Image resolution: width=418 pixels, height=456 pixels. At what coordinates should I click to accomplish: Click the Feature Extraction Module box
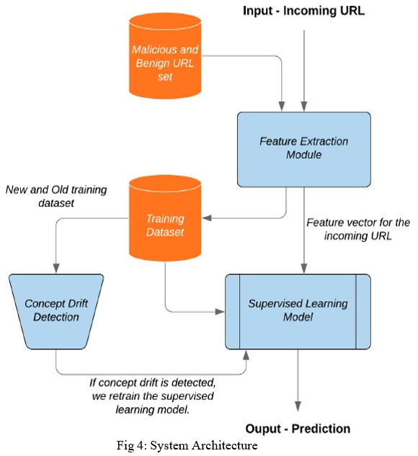click(x=304, y=149)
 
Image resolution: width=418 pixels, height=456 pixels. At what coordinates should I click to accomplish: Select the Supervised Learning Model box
click(x=298, y=311)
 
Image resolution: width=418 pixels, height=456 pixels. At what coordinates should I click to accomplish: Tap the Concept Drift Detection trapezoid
click(x=56, y=311)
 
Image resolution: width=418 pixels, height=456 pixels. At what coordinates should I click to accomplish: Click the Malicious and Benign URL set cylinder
click(x=165, y=56)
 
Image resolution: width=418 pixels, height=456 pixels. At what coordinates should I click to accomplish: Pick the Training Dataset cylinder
click(x=165, y=218)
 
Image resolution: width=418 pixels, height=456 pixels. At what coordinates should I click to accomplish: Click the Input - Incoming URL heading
click(x=303, y=11)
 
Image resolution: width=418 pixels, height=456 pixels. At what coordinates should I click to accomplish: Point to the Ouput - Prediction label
click(x=298, y=429)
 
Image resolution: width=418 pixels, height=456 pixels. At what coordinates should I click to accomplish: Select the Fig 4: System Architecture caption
click(x=187, y=445)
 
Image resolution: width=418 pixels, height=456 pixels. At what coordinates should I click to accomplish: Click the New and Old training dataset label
click(x=56, y=196)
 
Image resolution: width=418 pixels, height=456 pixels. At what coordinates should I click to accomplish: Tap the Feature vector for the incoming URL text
click(x=358, y=229)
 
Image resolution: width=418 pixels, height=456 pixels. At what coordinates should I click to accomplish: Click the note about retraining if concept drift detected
click(x=153, y=396)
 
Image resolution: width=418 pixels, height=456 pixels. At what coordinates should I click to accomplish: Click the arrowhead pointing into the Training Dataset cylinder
click(x=207, y=218)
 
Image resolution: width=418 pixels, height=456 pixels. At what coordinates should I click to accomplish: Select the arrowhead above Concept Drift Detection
click(x=56, y=269)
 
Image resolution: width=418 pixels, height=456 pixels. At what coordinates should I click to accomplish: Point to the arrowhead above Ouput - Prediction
click(x=298, y=406)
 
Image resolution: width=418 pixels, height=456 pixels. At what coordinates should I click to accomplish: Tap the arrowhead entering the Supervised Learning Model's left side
click(x=220, y=312)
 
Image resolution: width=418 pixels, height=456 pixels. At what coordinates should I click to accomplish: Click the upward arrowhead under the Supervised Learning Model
click(x=246, y=355)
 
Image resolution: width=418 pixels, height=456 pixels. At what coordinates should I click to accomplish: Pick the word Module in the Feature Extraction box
click(x=304, y=155)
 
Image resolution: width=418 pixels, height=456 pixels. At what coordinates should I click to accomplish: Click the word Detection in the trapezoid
click(x=56, y=317)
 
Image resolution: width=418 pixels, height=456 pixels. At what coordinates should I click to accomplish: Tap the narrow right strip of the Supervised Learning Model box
click(x=364, y=311)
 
